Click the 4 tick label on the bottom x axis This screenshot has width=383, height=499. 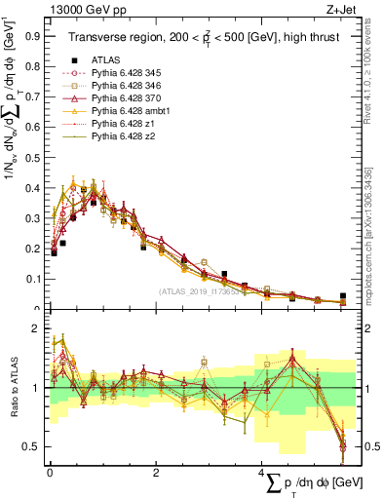pyautogui.click(x=261, y=471)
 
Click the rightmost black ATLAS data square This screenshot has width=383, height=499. pyautogui.click(x=342, y=295)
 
